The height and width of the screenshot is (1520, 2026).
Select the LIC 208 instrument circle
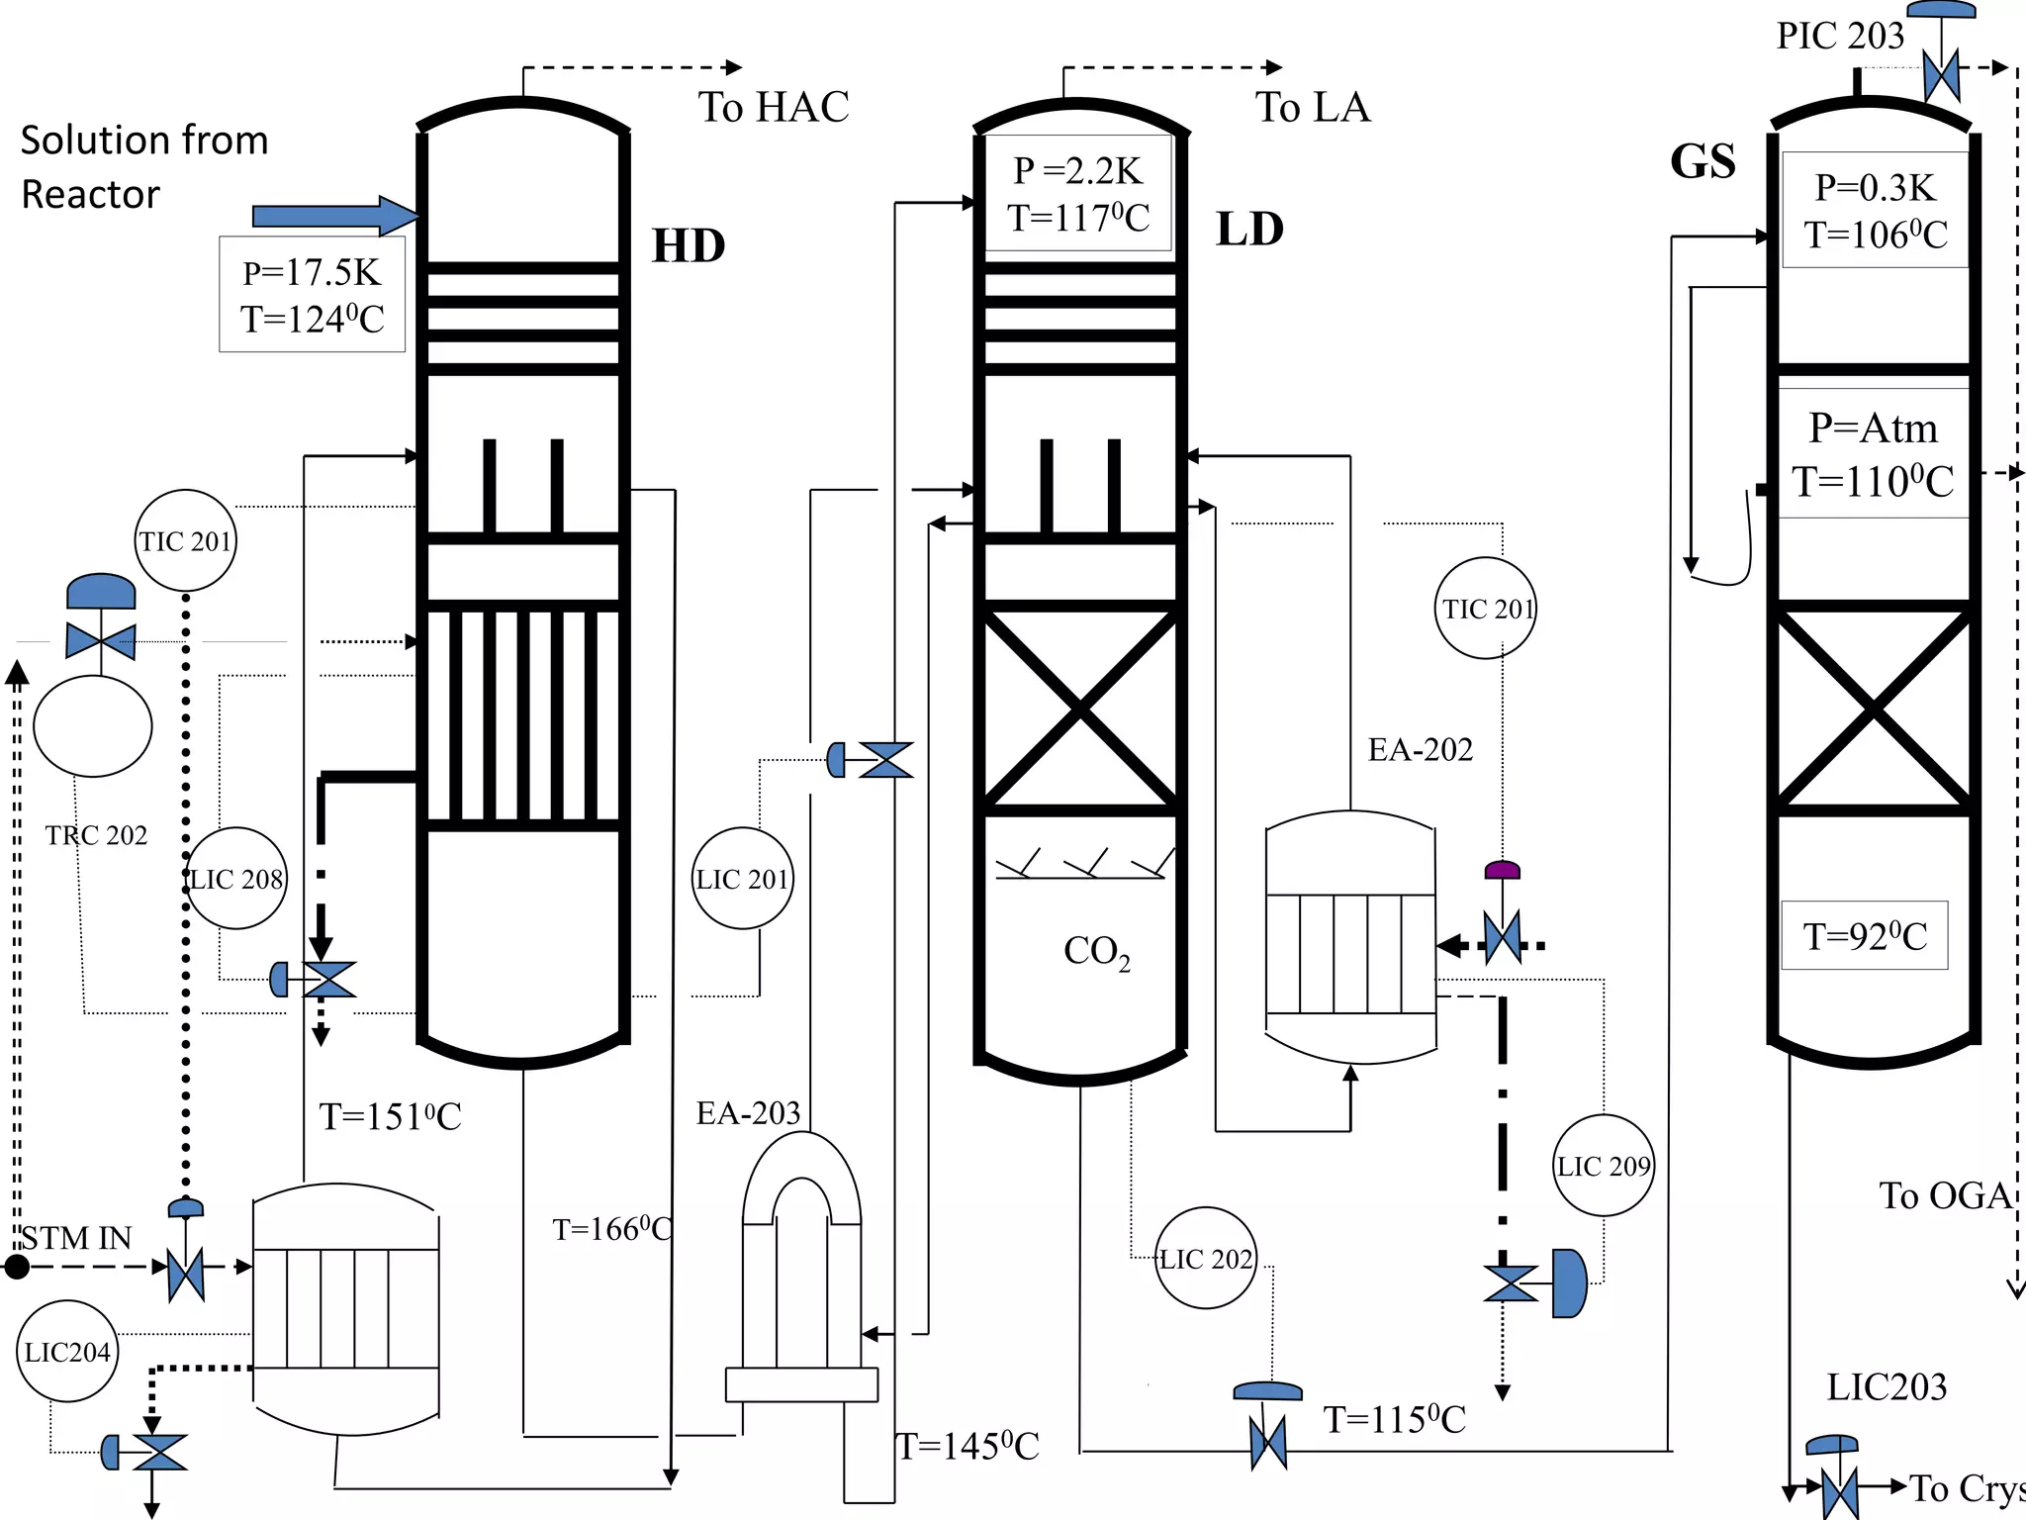(x=236, y=878)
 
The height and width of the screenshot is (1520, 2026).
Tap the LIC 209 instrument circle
(x=1604, y=1166)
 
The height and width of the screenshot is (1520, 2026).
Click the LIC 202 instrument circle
(x=1206, y=1259)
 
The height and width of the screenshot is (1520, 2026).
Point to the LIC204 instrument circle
(x=67, y=1352)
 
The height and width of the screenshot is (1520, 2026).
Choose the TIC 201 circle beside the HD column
(x=185, y=541)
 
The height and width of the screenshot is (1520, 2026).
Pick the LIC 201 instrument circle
(x=742, y=878)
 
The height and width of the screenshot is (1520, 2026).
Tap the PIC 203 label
(x=1840, y=36)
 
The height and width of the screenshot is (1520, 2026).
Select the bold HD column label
(x=689, y=245)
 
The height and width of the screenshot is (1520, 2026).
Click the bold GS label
(x=1703, y=161)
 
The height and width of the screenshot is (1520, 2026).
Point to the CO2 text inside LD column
(x=1096, y=951)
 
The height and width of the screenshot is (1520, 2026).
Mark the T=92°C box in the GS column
(x=1865, y=935)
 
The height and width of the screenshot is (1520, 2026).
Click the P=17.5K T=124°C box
(x=312, y=295)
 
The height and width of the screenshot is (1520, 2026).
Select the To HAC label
(x=774, y=107)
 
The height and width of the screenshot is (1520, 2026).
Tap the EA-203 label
(x=748, y=1113)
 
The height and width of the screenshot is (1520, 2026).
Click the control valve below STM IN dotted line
(x=186, y=1267)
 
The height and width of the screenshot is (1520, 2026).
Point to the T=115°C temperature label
(x=1394, y=1420)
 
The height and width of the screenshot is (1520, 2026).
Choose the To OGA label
(x=1945, y=1195)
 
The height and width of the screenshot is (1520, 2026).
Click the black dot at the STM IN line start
(x=16, y=1267)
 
